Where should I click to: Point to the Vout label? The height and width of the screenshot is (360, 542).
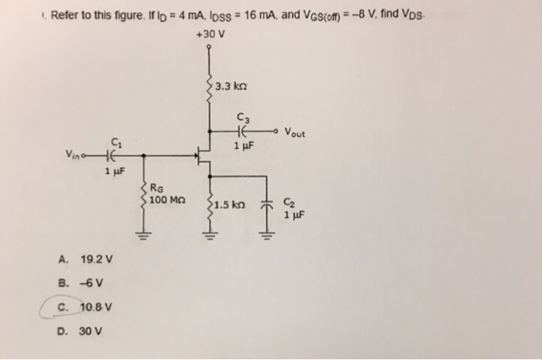tap(295, 132)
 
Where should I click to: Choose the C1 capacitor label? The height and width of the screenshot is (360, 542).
tap(116, 142)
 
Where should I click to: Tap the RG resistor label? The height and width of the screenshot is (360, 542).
tap(156, 187)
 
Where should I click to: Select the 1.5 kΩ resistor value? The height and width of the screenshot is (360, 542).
tap(232, 205)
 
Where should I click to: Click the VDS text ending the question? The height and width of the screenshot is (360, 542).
tap(414, 14)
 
